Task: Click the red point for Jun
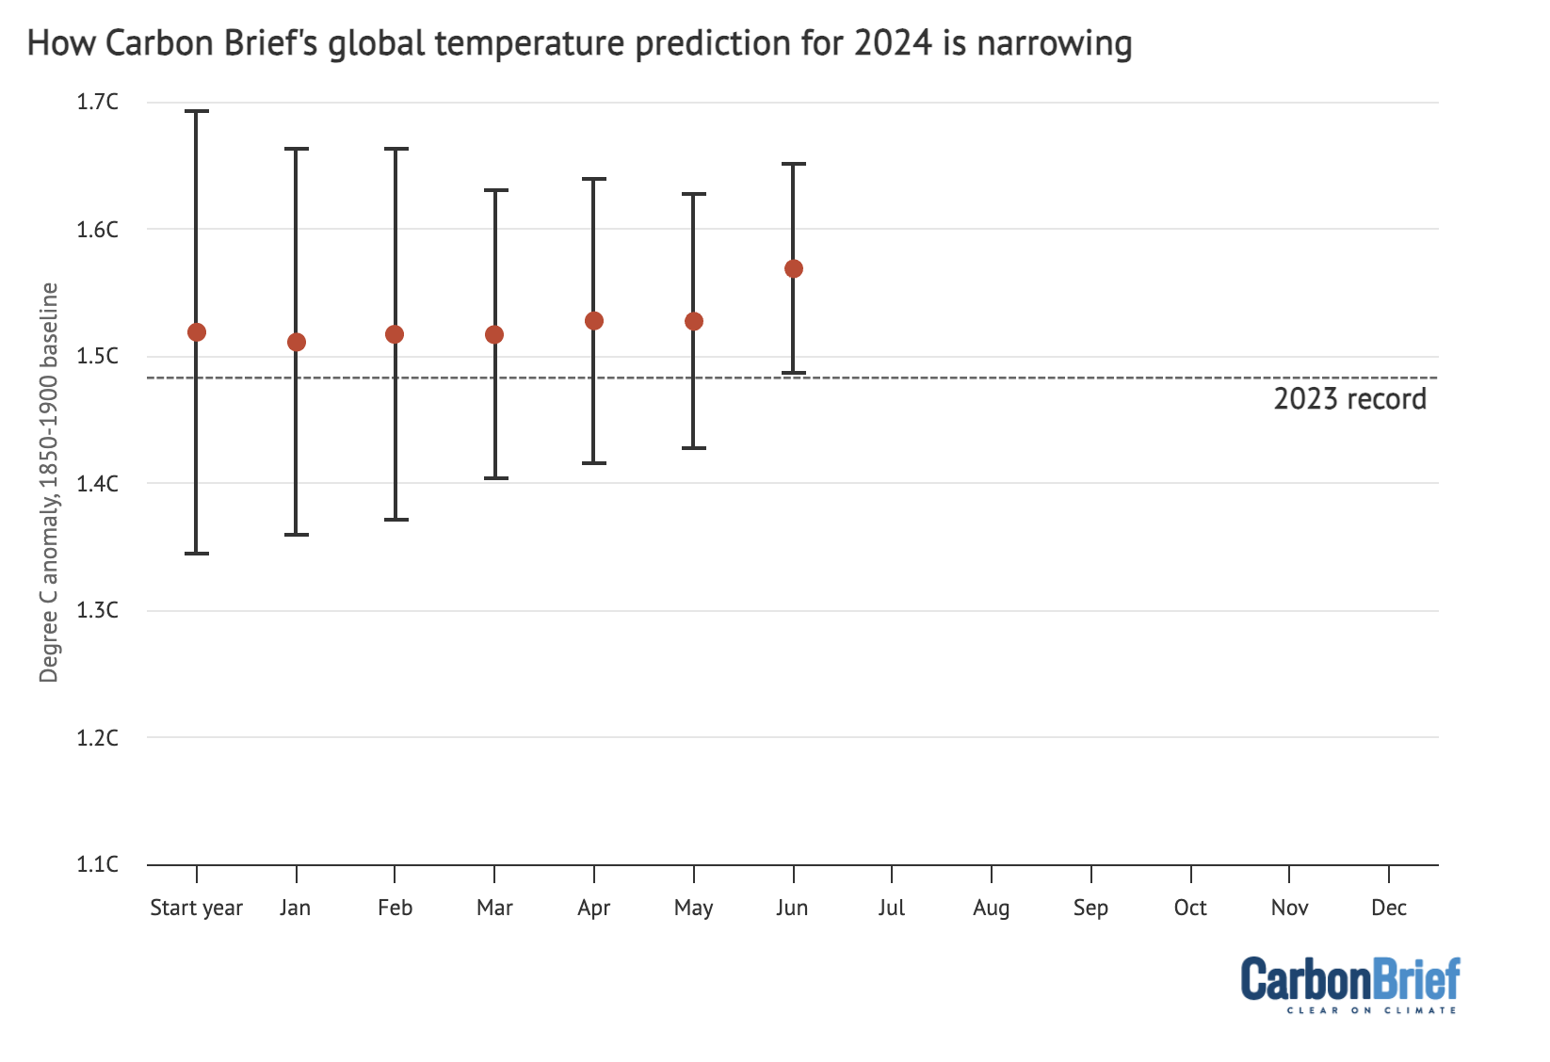(794, 269)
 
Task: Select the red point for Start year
(197, 332)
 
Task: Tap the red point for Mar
(494, 335)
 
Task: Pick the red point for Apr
(594, 321)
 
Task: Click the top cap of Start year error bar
(197, 111)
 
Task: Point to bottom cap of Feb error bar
(396, 520)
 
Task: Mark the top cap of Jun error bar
(794, 164)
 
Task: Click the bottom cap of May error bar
(694, 448)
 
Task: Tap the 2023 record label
(1349, 399)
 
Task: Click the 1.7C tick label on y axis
(98, 102)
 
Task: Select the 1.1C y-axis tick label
(98, 864)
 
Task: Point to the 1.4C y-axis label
(98, 484)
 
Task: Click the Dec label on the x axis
(1389, 908)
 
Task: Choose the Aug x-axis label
(991, 908)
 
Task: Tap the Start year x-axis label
(197, 908)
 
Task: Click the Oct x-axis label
(1190, 908)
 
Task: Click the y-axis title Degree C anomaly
(49, 482)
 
